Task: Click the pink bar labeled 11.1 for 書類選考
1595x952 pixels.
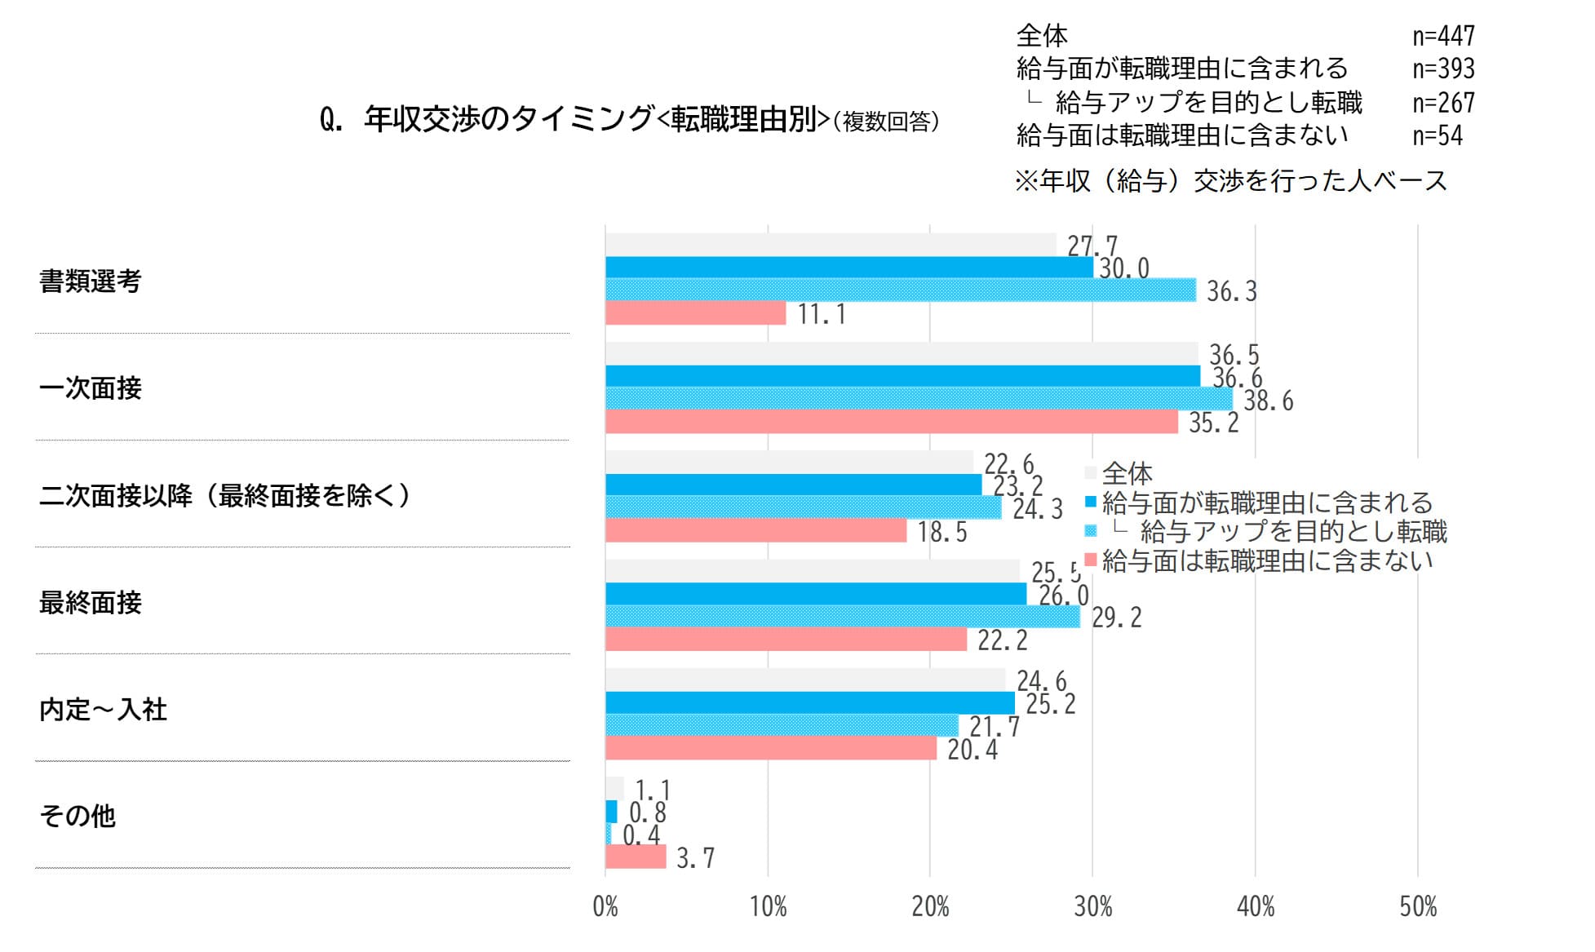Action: point(695,313)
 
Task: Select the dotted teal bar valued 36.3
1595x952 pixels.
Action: point(900,290)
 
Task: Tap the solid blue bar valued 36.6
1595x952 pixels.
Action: point(902,376)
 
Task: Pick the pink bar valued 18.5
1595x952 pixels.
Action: point(755,531)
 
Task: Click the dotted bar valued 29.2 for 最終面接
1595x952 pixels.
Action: point(842,617)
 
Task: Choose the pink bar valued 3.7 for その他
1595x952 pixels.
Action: point(636,857)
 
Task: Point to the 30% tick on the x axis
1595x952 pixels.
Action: point(1092,906)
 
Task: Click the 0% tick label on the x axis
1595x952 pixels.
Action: point(605,906)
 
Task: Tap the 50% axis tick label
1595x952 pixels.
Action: point(1418,906)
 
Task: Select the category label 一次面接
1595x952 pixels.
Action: point(91,388)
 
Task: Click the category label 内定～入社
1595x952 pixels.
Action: point(103,710)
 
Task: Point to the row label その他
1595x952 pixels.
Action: point(78,816)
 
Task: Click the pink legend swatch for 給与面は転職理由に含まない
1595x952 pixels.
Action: point(1091,560)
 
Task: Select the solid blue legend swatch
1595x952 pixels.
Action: point(1091,502)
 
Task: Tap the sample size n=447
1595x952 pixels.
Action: point(1443,36)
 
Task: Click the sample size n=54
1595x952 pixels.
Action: point(1438,135)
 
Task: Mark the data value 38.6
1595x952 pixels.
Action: point(1268,401)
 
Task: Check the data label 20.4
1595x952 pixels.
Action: point(973,749)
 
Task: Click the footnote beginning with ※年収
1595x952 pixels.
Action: point(1230,180)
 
